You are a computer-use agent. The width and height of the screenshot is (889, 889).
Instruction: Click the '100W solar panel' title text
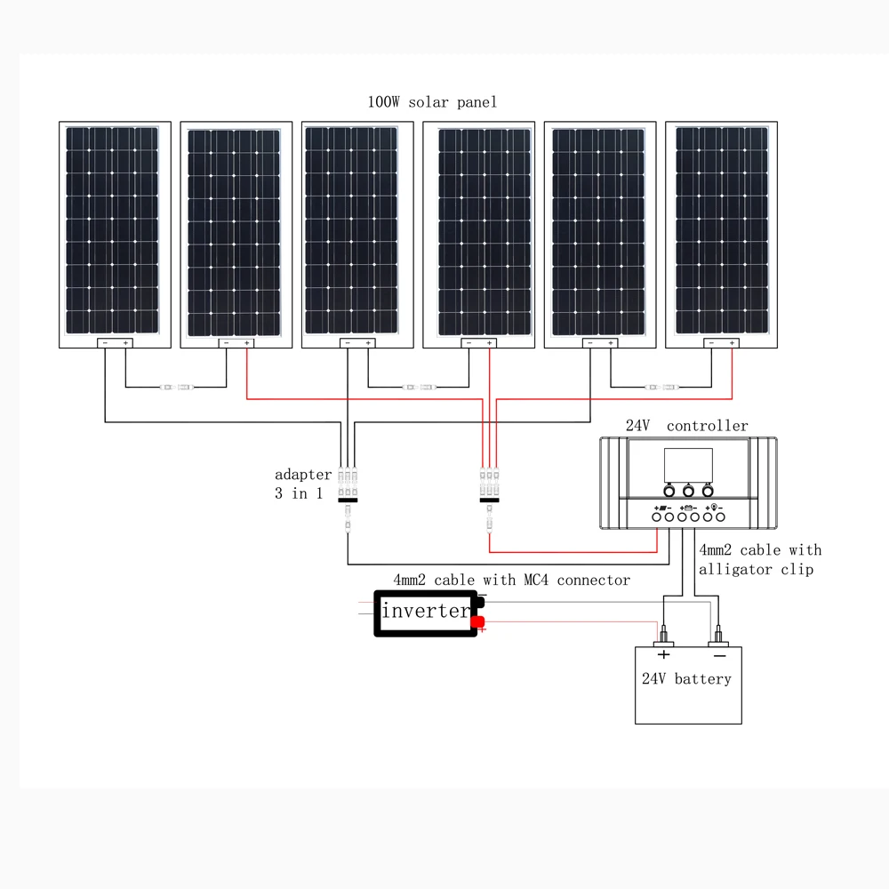coord(432,102)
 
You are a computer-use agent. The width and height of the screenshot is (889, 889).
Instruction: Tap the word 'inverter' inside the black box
coord(426,611)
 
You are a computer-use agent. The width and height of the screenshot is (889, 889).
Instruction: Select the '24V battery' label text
coord(686,678)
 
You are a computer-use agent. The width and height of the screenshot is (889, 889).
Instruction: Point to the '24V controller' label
coord(686,426)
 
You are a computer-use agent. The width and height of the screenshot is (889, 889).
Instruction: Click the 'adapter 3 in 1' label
coord(303,484)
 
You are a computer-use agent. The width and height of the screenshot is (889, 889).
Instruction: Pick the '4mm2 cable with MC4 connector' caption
coord(511,580)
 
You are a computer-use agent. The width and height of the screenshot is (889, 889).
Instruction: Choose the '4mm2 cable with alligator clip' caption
coord(760,559)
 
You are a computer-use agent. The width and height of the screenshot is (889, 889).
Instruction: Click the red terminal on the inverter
coord(478,622)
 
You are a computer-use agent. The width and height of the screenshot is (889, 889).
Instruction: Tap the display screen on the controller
coord(688,465)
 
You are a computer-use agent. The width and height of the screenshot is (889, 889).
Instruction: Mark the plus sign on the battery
coord(663,655)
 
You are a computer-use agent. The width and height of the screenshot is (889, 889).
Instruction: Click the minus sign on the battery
coord(719,656)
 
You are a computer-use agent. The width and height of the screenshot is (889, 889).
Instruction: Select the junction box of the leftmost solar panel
coord(115,343)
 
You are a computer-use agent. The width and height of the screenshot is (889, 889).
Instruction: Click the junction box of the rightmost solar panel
coord(721,343)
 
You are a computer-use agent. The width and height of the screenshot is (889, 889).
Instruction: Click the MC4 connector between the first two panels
coord(177,388)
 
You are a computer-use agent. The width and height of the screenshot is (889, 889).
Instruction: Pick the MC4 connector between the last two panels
coord(662,388)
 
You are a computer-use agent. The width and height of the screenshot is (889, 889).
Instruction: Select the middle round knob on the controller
coord(688,491)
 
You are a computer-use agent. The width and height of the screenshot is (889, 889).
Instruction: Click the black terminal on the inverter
coord(481,600)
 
